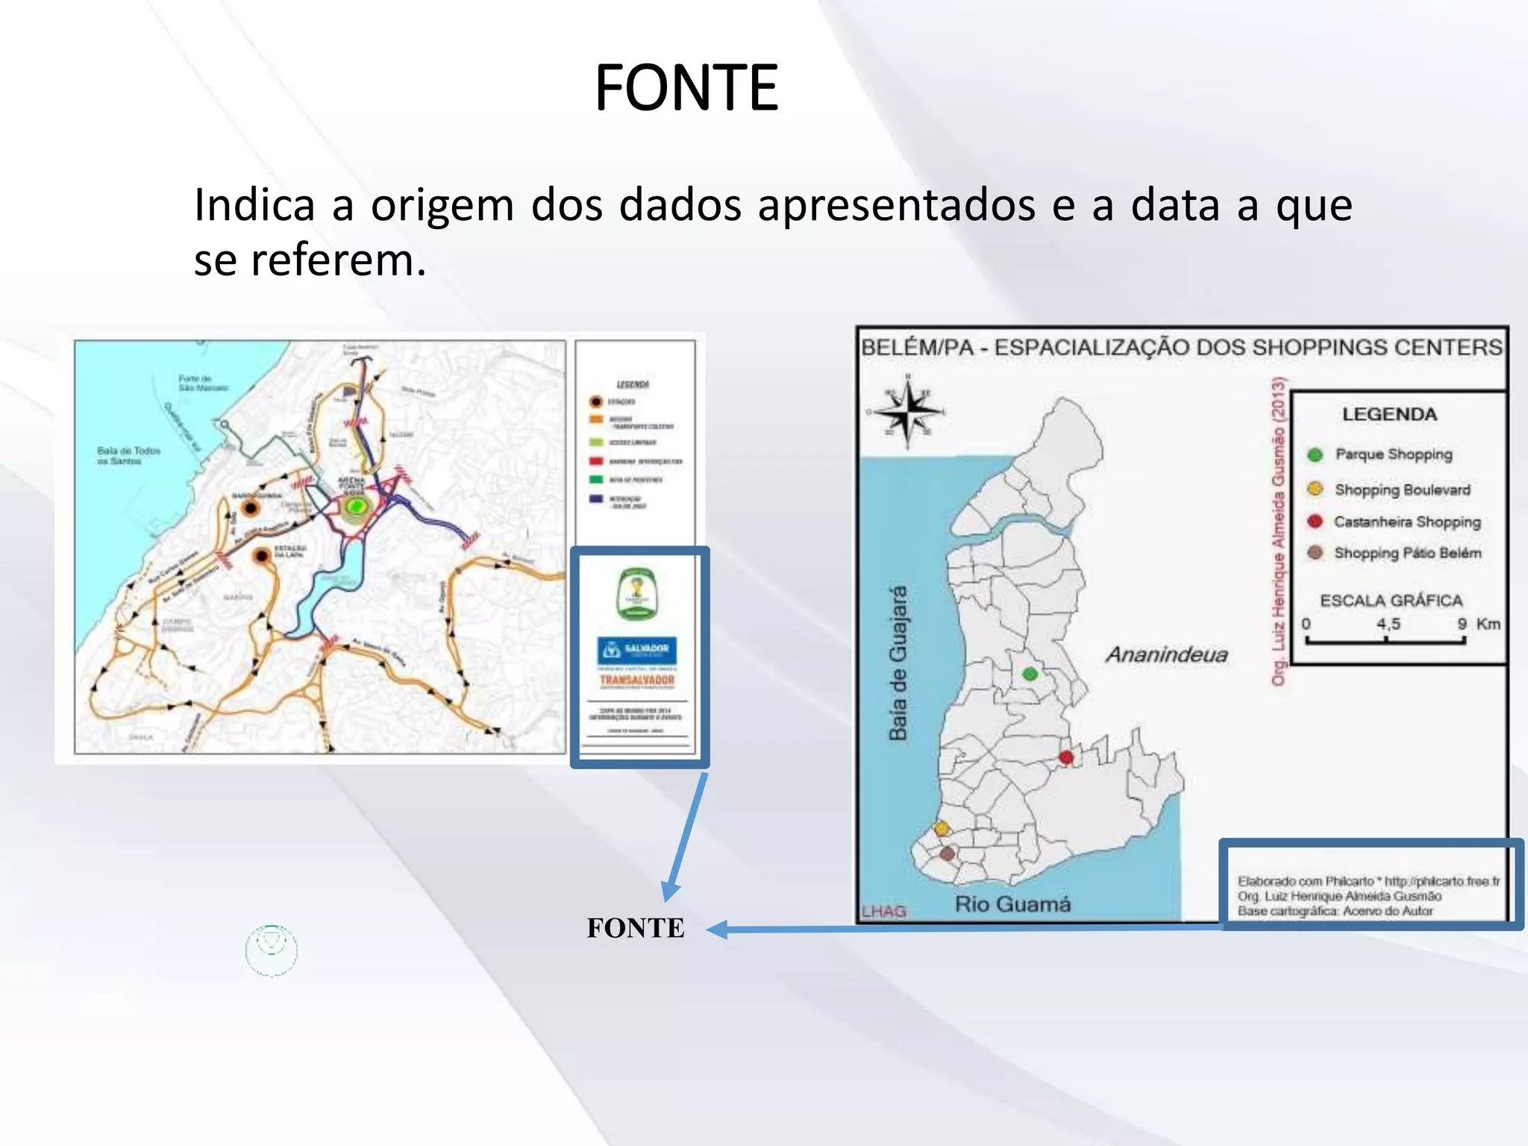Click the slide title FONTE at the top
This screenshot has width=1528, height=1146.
[x=686, y=88]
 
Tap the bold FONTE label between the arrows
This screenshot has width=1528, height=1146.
[x=635, y=928]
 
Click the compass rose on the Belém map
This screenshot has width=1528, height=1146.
[x=908, y=411]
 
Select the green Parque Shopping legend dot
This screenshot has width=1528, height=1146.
[x=1315, y=454]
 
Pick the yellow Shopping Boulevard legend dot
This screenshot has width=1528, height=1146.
[x=1315, y=489]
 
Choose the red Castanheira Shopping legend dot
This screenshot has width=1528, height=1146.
[x=1315, y=521]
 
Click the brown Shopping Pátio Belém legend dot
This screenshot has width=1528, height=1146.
[x=1315, y=552]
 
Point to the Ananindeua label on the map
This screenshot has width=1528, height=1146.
[x=1166, y=654]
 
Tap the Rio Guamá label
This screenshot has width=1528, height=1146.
[x=1012, y=904]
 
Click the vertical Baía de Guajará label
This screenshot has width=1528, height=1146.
[x=898, y=663]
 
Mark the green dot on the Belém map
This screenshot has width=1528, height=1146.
[x=1030, y=674]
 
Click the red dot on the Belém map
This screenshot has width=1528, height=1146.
[x=1066, y=757]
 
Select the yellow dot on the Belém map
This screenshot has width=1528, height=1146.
[x=942, y=828]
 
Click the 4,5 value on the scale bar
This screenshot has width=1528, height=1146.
[x=1388, y=624]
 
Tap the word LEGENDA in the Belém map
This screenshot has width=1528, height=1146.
[x=1389, y=414]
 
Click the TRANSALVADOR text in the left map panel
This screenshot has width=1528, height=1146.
[x=637, y=680]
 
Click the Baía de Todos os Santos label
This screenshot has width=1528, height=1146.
[x=128, y=455]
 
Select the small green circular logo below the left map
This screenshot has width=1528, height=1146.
[x=272, y=950]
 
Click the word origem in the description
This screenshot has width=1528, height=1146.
[x=442, y=205]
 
